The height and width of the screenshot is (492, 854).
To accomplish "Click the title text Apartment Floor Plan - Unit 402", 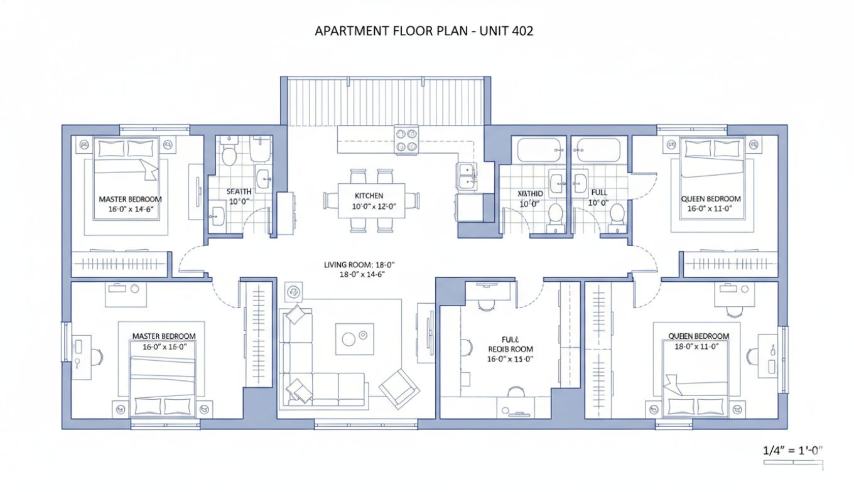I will point(424,31).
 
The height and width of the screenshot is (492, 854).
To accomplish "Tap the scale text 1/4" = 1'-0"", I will point(792,450).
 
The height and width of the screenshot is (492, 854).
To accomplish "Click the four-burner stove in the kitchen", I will point(406,139).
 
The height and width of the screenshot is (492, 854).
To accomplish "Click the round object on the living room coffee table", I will point(349,340).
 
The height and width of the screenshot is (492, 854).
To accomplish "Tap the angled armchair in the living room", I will point(399,385).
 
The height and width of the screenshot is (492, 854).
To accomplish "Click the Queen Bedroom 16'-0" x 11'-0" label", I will point(711,203).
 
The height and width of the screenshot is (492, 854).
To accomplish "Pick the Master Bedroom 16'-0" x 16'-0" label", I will point(164,341).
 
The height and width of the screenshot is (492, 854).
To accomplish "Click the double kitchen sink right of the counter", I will point(466,176).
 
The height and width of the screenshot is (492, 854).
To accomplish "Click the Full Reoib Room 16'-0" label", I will point(510,350).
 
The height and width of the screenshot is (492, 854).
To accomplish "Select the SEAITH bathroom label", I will point(239,196).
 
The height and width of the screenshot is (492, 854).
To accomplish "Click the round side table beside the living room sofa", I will point(294,291).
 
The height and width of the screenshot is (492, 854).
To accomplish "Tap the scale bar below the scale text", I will point(792,463).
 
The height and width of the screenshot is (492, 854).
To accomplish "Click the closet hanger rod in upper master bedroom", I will point(119,263).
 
